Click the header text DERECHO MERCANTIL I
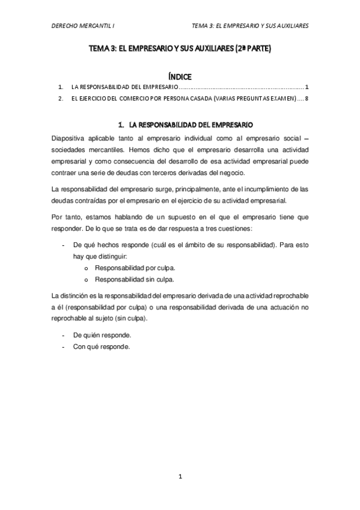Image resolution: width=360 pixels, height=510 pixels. pos(84,26)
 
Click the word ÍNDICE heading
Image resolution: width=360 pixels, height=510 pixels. pos(180,76)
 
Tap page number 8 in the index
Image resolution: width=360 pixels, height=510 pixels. pos(307,99)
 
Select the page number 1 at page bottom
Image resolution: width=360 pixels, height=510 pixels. pos(180,477)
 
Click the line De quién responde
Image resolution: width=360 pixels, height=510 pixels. pos(102,334)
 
